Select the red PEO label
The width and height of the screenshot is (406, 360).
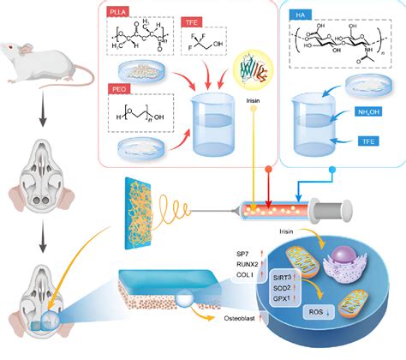click(x=117, y=88)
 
